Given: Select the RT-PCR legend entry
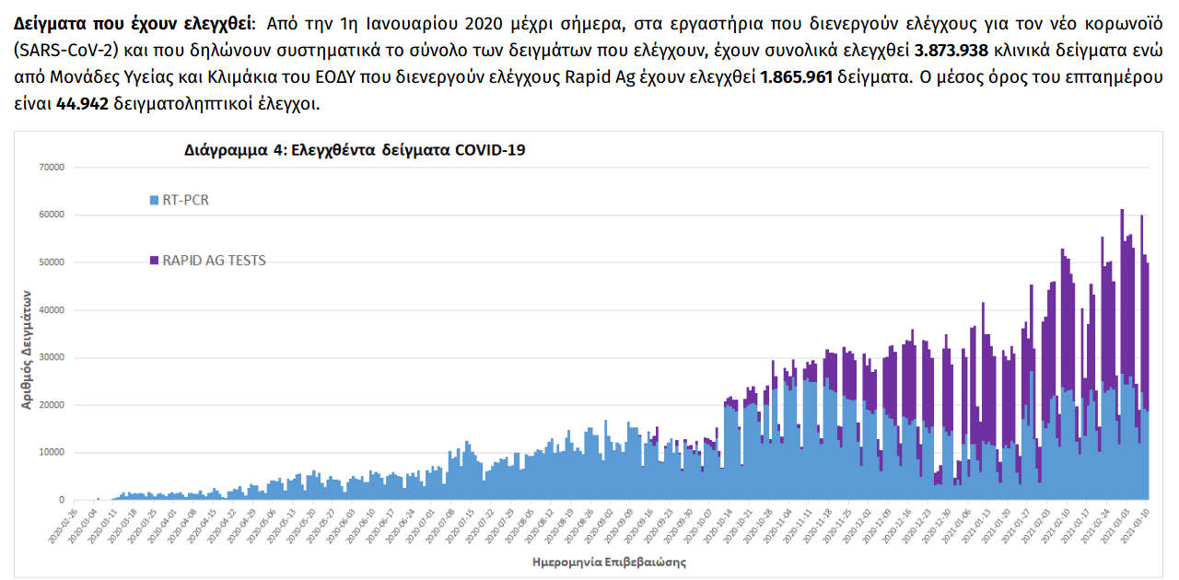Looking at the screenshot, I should (x=185, y=200).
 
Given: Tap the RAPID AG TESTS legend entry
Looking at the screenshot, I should (x=214, y=261).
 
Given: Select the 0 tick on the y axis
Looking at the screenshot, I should (x=60, y=500).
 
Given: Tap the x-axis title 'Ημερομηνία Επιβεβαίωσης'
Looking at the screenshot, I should (x=609, y=561).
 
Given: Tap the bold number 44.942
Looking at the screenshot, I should (x=82, y=103).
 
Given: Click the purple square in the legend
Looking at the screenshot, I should (x=154, y=261).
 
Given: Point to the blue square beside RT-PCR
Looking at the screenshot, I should (x=154, y=200).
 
